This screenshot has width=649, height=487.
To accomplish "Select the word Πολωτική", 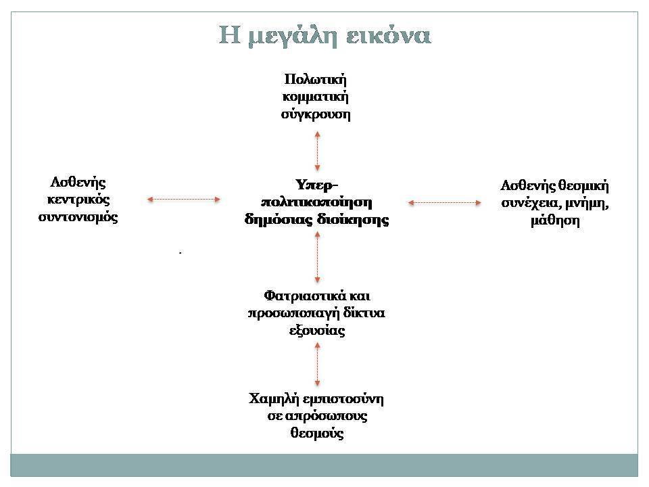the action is (316, 79).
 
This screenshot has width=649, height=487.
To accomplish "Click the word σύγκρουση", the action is (316, 114).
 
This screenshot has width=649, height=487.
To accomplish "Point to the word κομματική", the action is (316, 97).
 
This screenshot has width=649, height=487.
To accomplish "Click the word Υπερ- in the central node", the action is (317, 185).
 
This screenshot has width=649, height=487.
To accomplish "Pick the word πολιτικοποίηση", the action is (316, 202).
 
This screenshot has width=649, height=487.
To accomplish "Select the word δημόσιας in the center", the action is (279, 220).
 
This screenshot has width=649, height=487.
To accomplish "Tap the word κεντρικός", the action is (78, 200).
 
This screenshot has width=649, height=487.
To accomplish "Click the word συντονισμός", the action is (78, 218).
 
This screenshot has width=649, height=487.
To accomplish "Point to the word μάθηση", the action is (555, 221).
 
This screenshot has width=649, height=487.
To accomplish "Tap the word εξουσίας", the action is (317, 331).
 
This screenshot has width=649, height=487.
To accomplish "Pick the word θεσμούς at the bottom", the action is (317, 434).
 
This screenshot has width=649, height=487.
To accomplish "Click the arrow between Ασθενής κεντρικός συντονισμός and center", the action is (184, 200).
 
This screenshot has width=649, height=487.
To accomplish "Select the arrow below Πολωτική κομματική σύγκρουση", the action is (318, 151).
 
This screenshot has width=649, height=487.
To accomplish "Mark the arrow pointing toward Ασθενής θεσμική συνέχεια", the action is (445, 203).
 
